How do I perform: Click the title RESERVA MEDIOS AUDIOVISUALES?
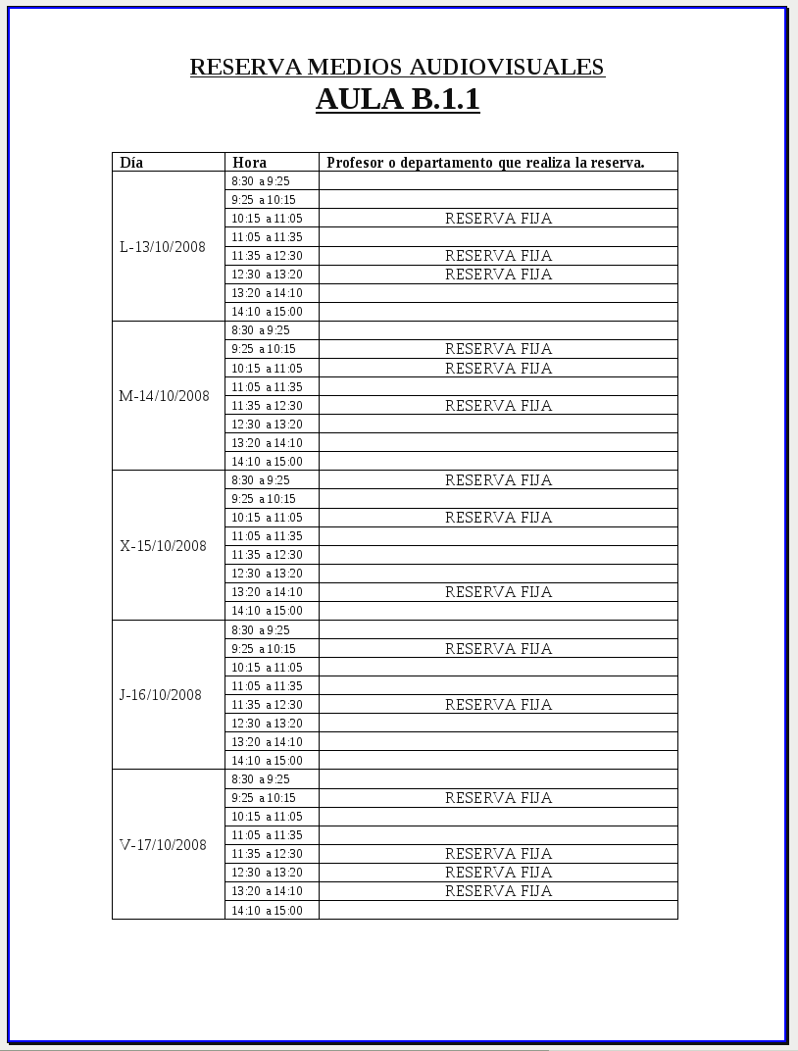click(397, 67)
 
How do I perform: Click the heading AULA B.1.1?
click(397, 99)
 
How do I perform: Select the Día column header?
click(131, 163)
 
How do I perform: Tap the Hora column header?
click(249, 163)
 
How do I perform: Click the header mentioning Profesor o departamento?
click(485, 163)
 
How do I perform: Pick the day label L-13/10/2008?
click(163, 247)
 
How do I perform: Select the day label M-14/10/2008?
click(164, 396)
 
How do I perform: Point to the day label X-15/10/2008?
click(163, 546)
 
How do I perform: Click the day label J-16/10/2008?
click(160, 695)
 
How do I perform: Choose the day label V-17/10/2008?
click(163, 845)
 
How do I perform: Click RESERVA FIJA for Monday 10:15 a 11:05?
click(498, 219)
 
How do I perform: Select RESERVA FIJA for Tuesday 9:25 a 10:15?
click(498, 349)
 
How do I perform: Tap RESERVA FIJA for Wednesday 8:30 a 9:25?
click(498, 480)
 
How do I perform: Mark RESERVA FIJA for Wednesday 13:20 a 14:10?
click(498, 592)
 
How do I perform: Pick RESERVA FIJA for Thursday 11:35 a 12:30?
click(498, 705)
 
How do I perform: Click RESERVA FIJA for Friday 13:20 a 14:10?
click(498, 891)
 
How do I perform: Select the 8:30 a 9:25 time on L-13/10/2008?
click(261, 181)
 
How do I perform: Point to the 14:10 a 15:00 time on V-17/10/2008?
click(267, 911)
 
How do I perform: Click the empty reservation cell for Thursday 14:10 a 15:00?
click(498, 761)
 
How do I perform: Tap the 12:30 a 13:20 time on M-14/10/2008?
click(267, 425)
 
